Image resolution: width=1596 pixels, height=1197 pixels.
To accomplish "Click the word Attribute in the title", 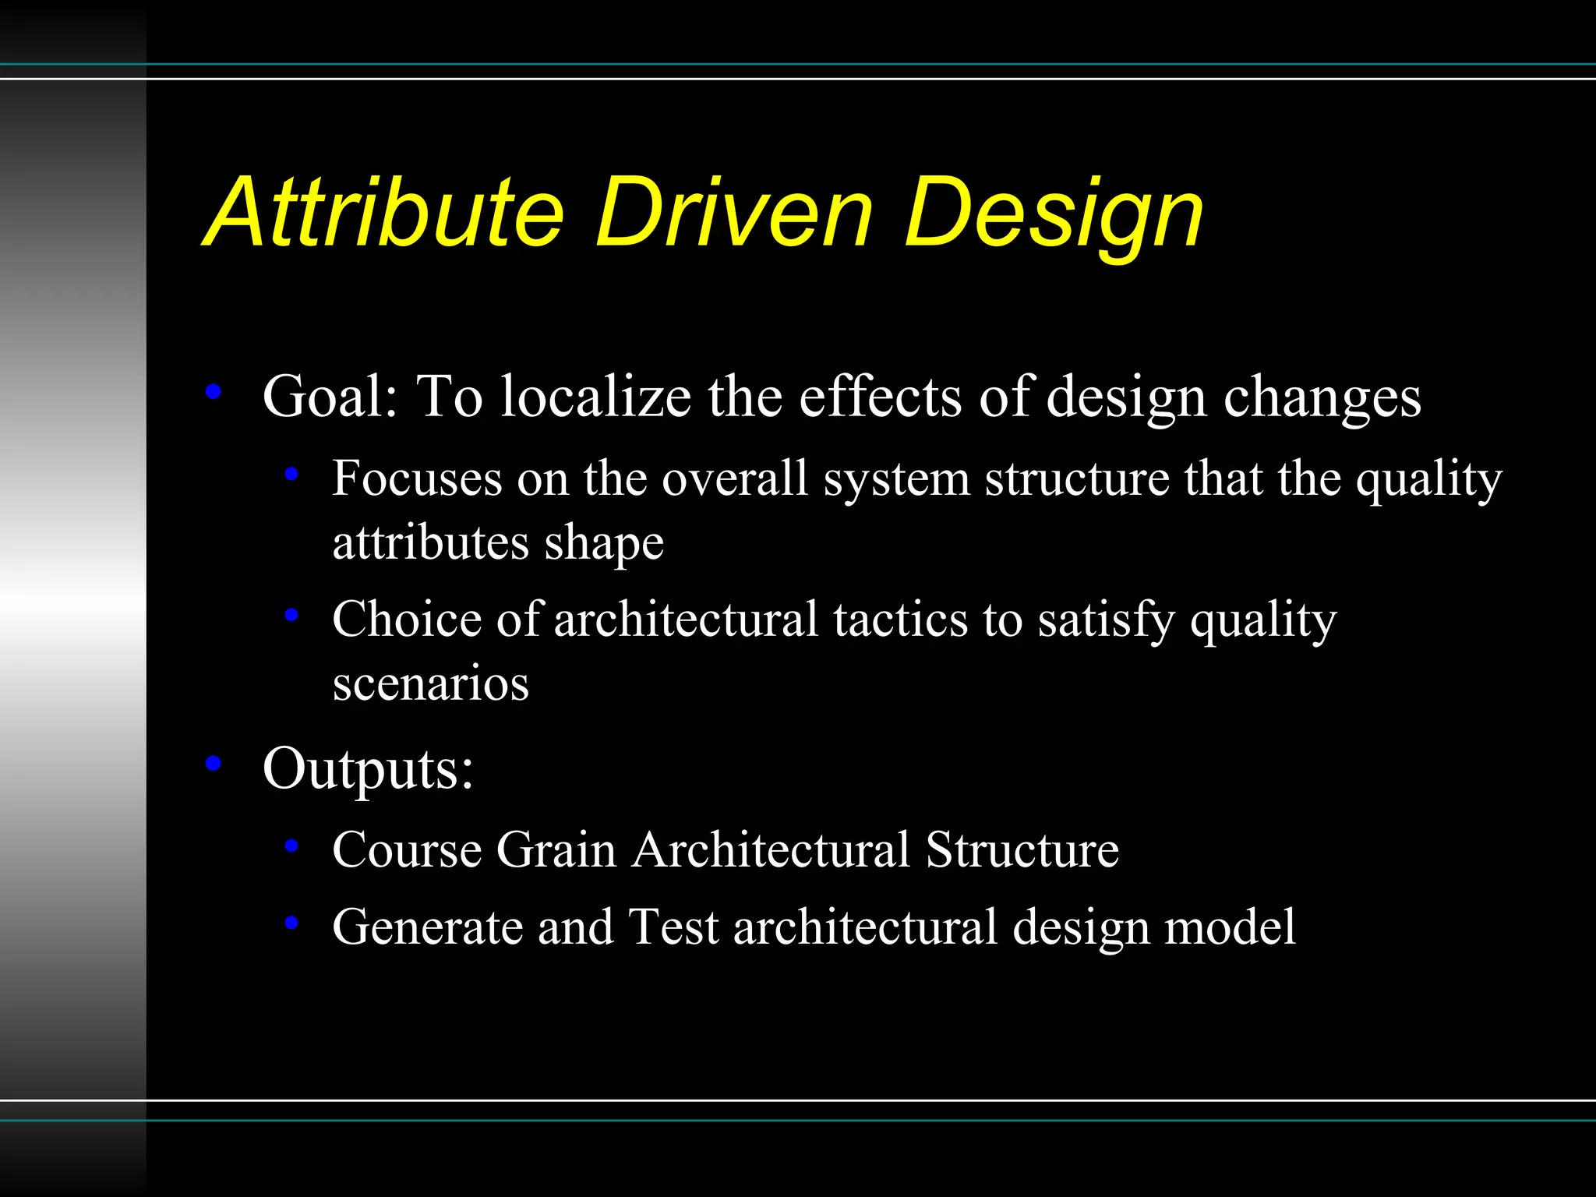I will pos(386,212).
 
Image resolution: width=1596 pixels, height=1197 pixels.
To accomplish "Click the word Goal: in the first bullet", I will pos(330,397).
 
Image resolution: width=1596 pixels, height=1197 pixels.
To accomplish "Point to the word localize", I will pos(595,397).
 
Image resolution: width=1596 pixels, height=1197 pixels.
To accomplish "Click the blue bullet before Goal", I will pos(214,392).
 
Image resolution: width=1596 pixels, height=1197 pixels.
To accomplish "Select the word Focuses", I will pos(417,478).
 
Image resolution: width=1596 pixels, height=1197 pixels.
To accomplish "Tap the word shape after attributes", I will pos(604,544).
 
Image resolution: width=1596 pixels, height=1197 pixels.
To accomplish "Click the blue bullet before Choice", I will pos(291,616).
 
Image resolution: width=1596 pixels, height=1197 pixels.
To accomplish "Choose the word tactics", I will pos(901,620).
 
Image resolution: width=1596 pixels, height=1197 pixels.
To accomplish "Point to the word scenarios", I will pos(431,683).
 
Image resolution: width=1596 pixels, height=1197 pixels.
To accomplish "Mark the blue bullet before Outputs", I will pos(214,764).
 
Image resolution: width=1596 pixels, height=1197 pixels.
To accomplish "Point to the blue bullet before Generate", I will pos(291,923).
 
